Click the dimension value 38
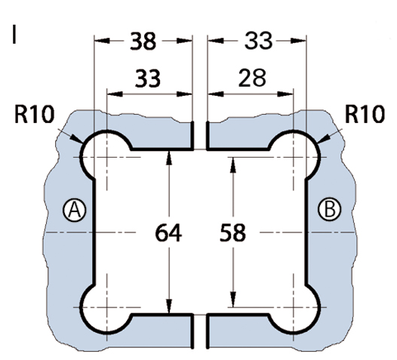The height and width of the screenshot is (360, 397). coord(143,41)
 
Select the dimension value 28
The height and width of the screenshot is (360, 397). coord(252,78)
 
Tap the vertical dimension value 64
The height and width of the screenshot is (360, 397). coord(168,233)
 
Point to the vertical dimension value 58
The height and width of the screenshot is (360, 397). coord(232,232)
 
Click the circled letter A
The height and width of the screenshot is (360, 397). coord(74,210)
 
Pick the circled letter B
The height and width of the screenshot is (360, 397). coord(329,210)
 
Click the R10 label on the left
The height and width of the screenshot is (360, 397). coord(35,115)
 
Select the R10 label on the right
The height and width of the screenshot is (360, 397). coord(365,115)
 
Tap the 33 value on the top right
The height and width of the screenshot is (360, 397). coord(258,41)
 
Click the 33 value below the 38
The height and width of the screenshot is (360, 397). coord(148,78)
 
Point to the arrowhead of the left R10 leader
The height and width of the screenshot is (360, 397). coord(76,139)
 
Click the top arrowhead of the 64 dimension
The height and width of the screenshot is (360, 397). coord(169,158)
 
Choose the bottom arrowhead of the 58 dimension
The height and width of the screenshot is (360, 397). coord(233,300)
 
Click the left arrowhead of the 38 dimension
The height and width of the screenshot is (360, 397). coord(102,41)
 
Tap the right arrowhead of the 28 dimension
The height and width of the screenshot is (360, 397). coord(285,94)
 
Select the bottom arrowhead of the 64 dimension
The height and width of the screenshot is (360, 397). coord(169,306)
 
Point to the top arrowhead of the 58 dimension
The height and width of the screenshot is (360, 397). coord(233,165)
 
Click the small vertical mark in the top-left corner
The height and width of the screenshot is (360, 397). coord(14,35)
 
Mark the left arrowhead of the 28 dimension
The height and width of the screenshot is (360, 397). coord(216,94)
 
